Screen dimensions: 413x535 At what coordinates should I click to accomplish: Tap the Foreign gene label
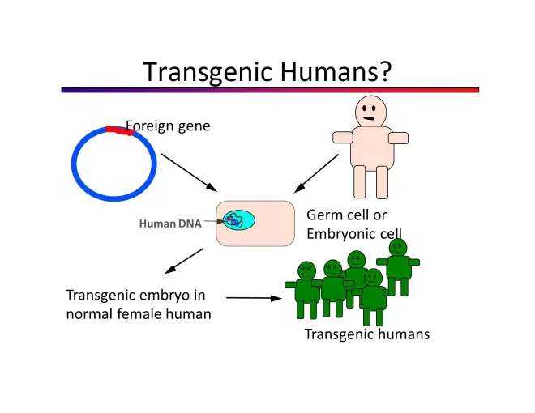click(168, 126)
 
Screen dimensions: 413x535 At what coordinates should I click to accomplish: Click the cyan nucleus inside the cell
click(238, 220)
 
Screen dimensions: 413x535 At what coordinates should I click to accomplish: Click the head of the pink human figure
click(370, 111)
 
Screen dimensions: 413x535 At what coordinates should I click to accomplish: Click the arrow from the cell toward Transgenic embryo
click(182, 262)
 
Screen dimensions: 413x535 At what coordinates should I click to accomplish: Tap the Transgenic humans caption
click(366, 334)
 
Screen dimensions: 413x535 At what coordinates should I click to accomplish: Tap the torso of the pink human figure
click(370, 146)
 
